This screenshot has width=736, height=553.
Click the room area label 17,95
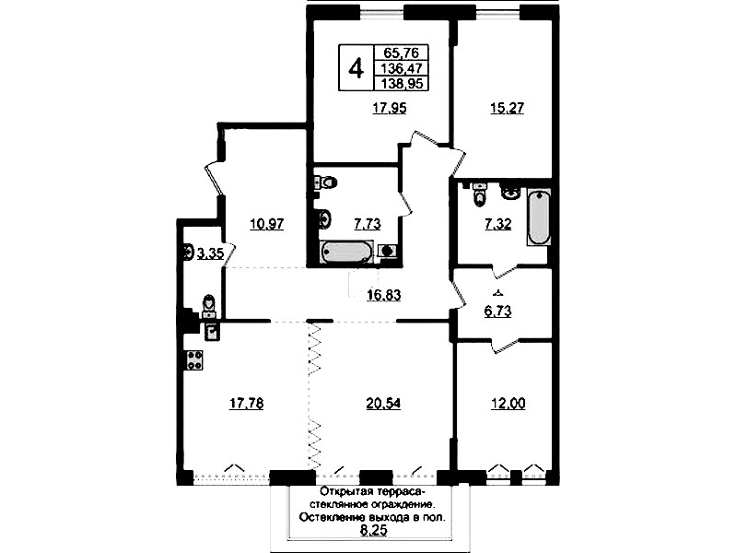click(x=390, y=109)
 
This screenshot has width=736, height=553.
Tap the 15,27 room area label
click(x=507, y=109)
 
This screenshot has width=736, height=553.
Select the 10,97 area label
click(x=267, y=224)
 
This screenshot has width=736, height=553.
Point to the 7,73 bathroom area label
click(x=367, y=224)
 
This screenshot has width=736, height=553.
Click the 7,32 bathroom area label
click(x=498, y=224)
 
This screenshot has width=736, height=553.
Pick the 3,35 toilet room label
click(x=210, y=254)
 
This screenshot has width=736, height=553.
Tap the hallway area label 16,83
click(x=383, y=296)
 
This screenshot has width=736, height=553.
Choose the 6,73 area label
click(x=498, y=312)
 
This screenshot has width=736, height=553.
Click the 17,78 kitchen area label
click(x=247, y=403)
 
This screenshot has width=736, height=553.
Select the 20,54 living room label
click(x=383, y=403)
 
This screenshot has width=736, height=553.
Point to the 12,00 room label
click(x=508, y=403)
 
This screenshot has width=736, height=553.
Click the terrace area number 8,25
click(x=373, y=531)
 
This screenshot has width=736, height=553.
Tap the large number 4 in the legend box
click(x=356, y=68)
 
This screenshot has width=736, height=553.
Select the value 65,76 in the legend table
click(x=401, y=53)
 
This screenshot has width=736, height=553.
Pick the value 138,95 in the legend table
click(x=403, y=84)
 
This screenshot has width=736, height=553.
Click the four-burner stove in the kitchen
click(x=193, y=360)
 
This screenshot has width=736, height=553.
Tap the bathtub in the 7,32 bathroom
click(x=538, y=217)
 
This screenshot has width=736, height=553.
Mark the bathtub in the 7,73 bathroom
click(x=347, y=252)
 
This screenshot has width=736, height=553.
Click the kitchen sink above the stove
click(x=212, y=332)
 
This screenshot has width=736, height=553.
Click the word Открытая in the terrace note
click(x=344, y=492)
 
